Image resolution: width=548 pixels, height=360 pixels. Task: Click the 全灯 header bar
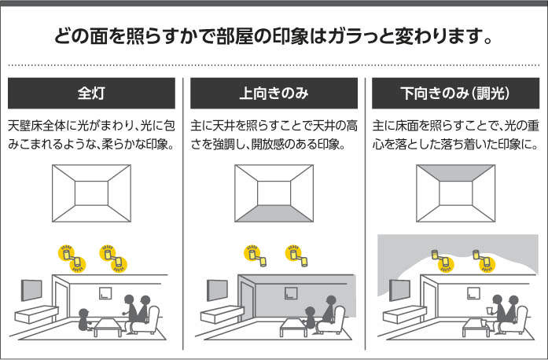coord(91,94)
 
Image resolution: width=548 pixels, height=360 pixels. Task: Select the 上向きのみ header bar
coord(274,94)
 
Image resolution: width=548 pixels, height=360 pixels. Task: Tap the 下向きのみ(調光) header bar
coord(456,94)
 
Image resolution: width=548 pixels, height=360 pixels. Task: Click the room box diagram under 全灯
coord(92,191)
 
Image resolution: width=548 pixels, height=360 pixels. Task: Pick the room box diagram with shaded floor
coord(274,191)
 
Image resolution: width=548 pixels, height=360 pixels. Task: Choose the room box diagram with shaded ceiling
coord(456,191)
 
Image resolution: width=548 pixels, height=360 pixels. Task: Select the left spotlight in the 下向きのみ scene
coord(436,256)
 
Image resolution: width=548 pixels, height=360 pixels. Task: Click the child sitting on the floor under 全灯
coord(83,318)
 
